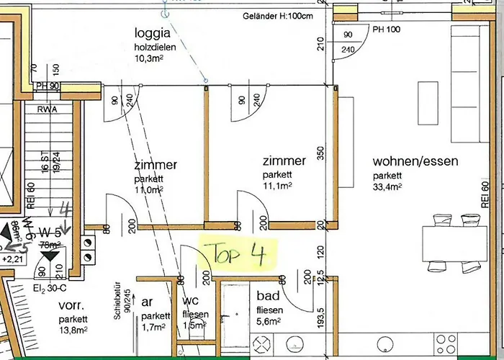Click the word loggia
[153, 32]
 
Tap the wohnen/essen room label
[415, 162]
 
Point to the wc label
[191, 301]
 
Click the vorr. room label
[73, 305]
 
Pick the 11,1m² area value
[278, 186]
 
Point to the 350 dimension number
[321, 153]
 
